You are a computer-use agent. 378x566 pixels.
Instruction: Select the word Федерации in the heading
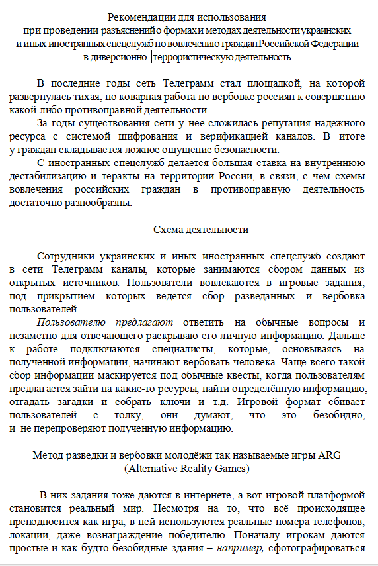337,43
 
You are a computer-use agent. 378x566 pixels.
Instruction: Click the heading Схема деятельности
201,230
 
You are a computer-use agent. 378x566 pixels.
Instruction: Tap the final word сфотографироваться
316,548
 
